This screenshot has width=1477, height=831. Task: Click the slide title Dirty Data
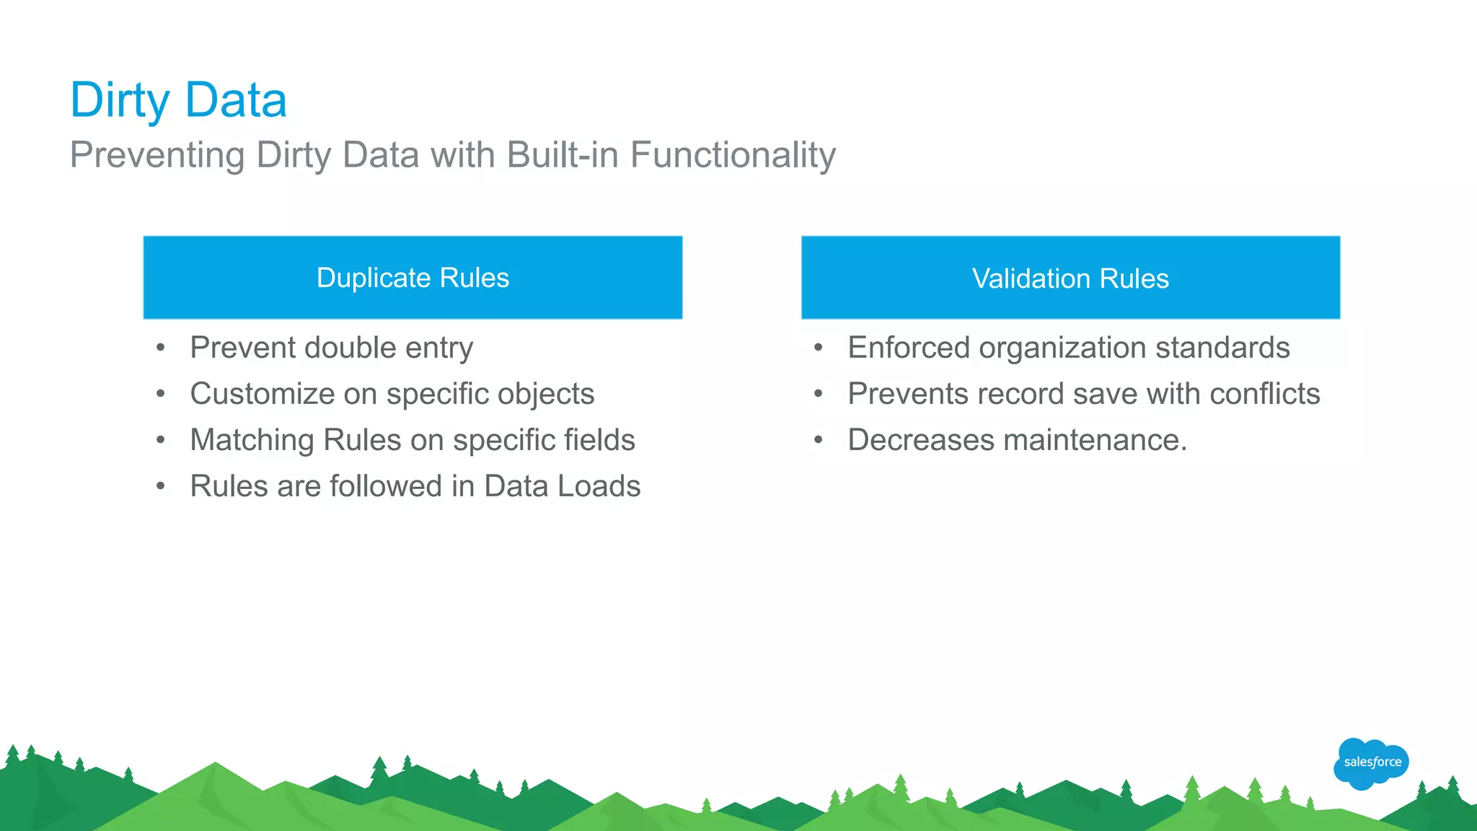pos(178,100)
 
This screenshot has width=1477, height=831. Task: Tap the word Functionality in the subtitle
pos(733,155)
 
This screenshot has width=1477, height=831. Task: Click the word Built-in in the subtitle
pos(563,155)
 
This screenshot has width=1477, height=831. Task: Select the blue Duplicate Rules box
pos(413,278)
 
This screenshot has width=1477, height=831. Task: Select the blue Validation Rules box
pos(1070,278)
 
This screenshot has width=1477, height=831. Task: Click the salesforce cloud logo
pos(1371,762)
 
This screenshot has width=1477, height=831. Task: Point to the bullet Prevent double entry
pos(331,348)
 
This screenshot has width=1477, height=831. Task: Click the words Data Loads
pos(562,486)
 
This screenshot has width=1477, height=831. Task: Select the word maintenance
pos(1095,440)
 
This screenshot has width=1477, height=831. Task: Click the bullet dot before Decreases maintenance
pos(818,440)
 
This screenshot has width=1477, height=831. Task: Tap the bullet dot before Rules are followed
pos(160,486)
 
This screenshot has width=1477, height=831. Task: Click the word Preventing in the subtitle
pos(157,155)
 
